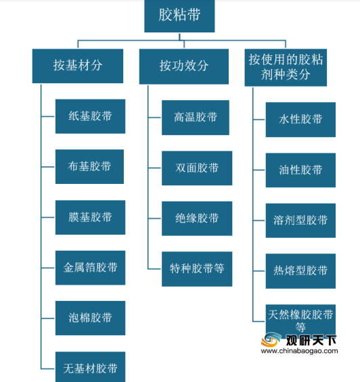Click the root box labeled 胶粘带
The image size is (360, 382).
click(179, 16)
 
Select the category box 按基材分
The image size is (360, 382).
click(78, 66)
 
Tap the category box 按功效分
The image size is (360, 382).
click(184, 66)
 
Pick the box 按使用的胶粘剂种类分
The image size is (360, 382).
click(286, 68)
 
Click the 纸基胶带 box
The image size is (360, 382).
click(90, 116)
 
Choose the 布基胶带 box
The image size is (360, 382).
click(89, 166)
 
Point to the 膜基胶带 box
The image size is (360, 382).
click(90, 217)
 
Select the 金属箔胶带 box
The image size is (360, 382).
click(90, 268)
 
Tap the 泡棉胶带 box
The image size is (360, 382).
click(90, 318)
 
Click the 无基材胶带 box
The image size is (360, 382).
click(90, 367)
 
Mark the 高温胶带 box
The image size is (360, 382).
click(196, 118)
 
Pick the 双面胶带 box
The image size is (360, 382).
click(197, 168)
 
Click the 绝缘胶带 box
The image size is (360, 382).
click(197, 218)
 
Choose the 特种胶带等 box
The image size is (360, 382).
click(197, 269)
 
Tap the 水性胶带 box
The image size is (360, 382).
click(300, 120)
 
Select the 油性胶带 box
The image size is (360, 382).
click(300, 170)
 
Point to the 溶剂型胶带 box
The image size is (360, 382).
click(300, 220)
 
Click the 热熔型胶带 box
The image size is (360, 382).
click(300, 271)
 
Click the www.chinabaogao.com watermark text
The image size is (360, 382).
click(299, 351)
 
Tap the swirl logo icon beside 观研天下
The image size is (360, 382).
click(271, 339)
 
